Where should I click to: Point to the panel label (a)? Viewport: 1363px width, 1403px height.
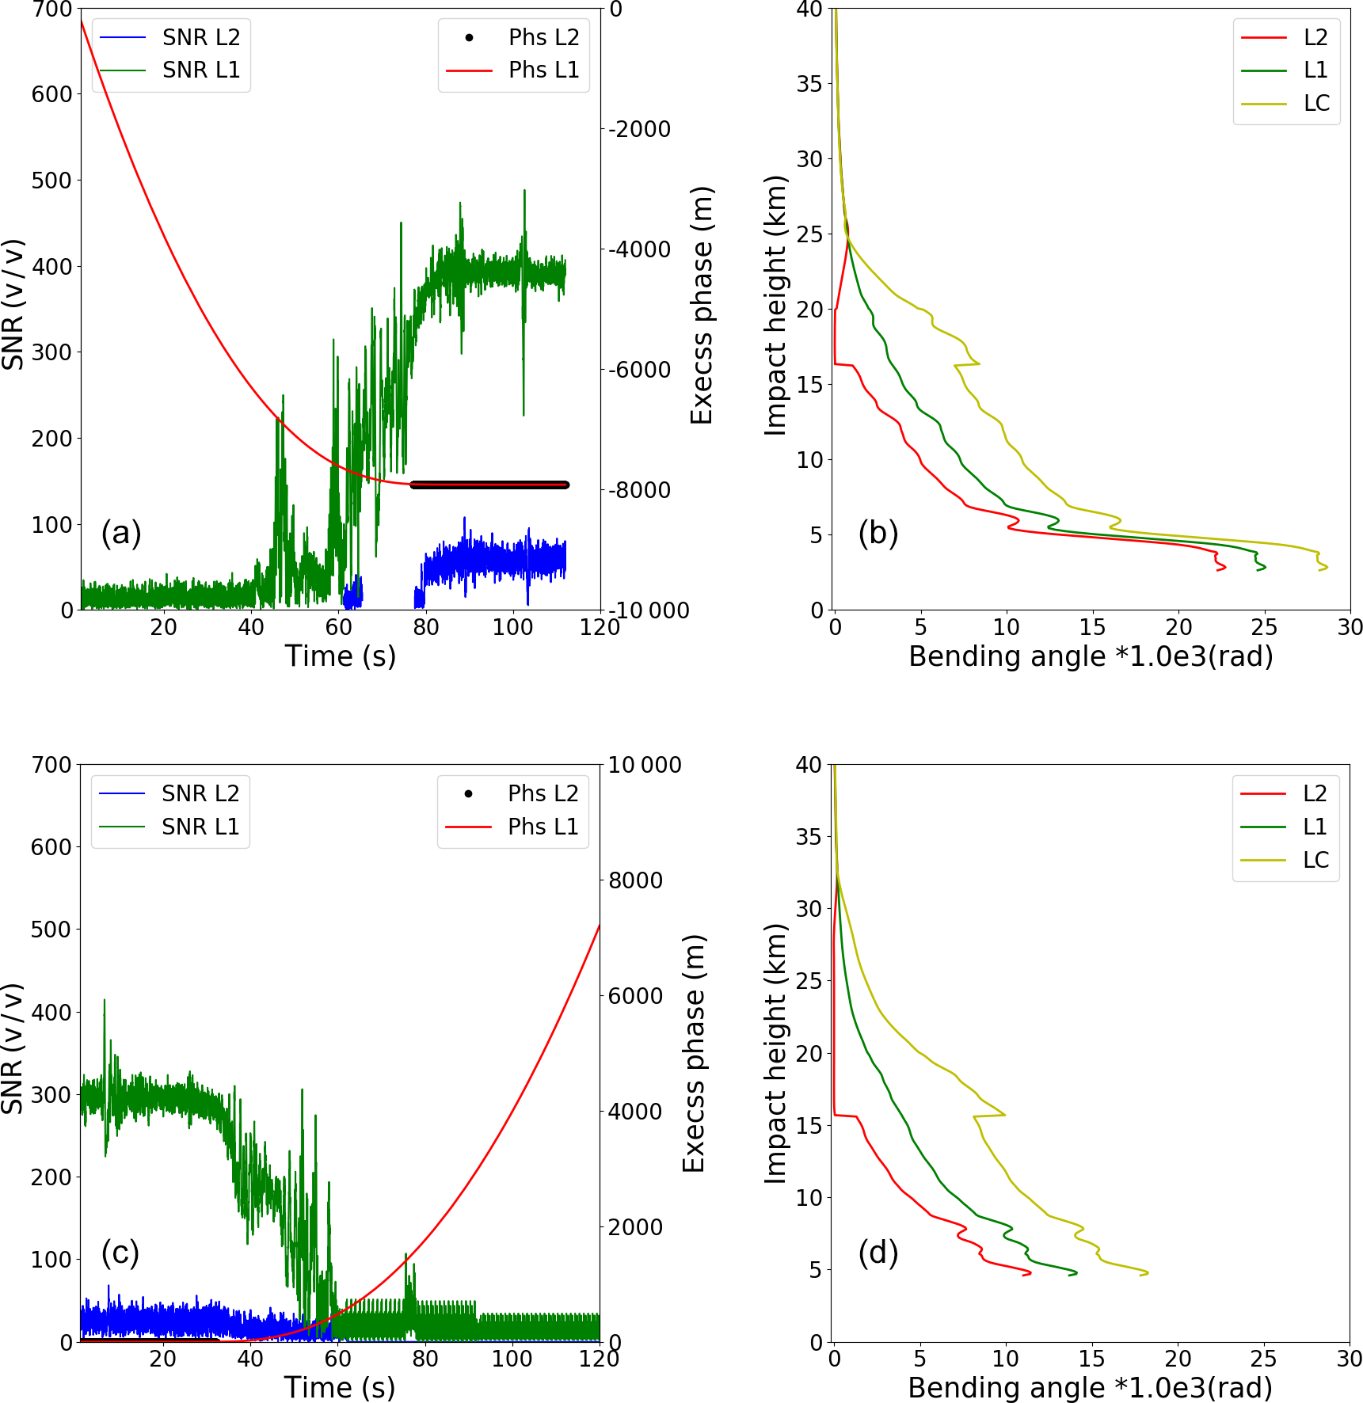click(x=120, y=533)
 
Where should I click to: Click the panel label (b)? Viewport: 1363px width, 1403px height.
click(x=878, y=533)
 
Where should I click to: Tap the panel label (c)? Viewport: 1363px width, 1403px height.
click(x=120, y=1252)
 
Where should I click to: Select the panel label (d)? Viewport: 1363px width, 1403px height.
click(x=878, y=1252)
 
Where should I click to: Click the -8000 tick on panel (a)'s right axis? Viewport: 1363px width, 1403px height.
click(x=639, y=490)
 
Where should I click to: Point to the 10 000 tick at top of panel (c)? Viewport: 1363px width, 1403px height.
click(x=644, y=766)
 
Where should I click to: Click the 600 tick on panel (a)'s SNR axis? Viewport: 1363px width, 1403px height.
click(x=51, y=94)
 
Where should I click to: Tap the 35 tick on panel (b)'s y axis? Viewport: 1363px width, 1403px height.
click(x=809, y=84)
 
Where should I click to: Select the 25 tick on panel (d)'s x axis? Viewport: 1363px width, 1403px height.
click(x=1263, y=1359)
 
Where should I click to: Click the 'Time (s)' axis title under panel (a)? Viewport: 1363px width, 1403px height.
click(x=340, y=656)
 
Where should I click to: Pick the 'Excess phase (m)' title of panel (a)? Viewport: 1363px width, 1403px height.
click(x=702, y=306)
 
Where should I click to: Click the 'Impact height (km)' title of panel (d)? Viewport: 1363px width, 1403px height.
click(x=775, y=1053)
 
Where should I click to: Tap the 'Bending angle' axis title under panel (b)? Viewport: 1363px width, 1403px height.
click(x=1091, y=656)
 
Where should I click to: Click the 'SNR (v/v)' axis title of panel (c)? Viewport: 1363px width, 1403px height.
click(x=13, y=1048)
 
